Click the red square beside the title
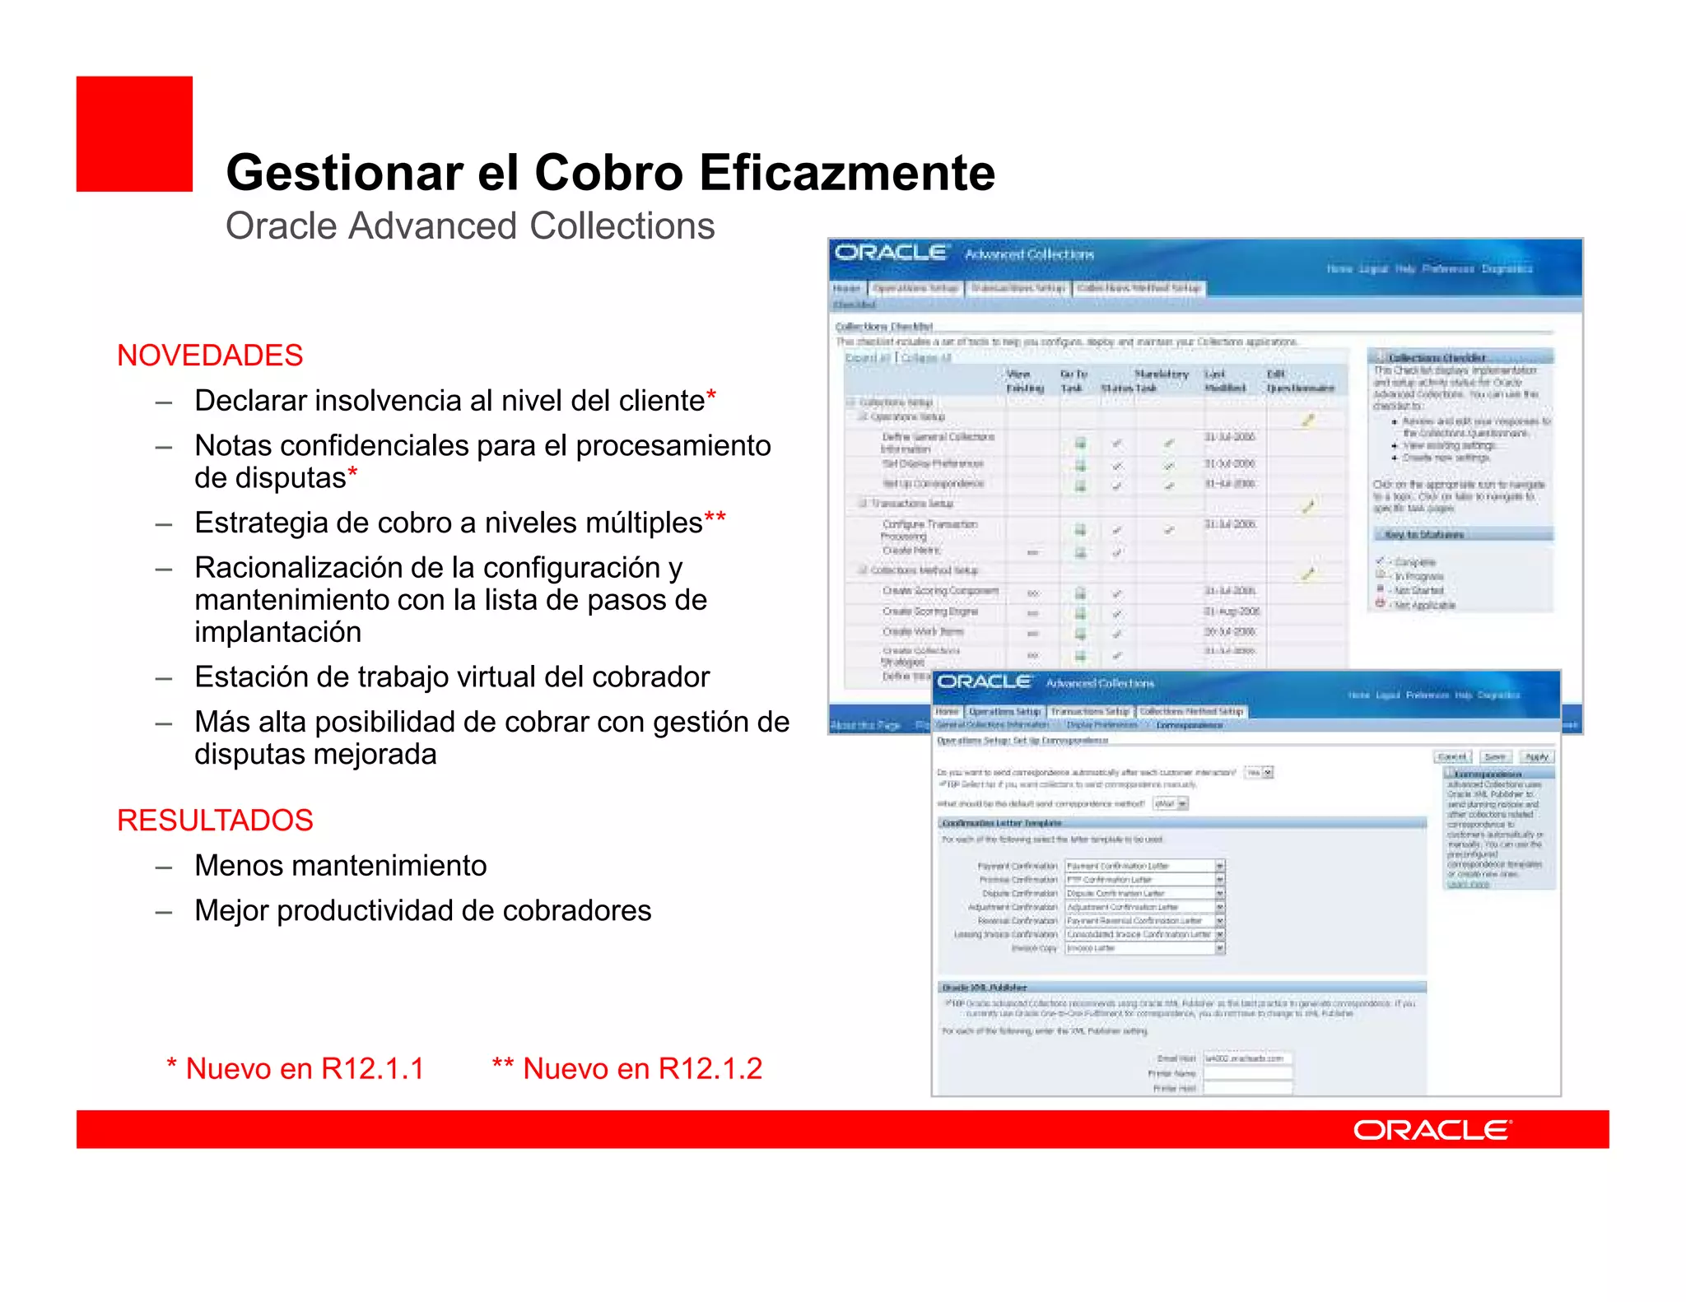point(134,134)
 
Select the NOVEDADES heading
point(210,356)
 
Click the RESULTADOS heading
point(215,821)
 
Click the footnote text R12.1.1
point(372,1068)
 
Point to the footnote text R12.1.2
point(710,1068)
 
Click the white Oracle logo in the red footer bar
point(1432,1130)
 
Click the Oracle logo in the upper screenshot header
point(891,253)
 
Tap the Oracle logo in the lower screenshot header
point(984,681)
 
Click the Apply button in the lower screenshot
point(1536,756)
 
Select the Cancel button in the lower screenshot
point(1452,756)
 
